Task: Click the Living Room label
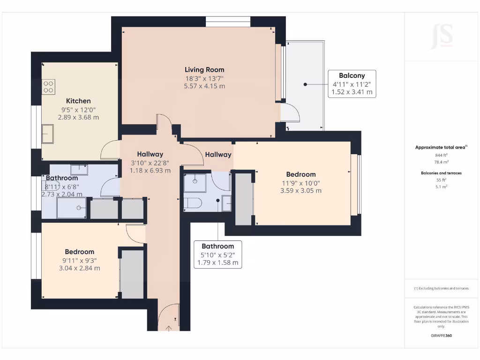[x=204, y=70]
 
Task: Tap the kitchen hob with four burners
[x=48, y=87]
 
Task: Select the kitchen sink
[x=47, y=134]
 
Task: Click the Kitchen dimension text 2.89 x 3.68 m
[x=78, y=117]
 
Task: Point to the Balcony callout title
[x=352, y=75]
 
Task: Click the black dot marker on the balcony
[x=305, y=84]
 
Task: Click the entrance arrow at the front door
[x=169, y=329]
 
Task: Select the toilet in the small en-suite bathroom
[x=193, y=202]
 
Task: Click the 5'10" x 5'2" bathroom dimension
[x=217, y=255]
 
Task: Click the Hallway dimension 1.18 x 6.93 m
[x=150, y=171]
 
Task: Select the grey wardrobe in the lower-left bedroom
[x=132, y=274]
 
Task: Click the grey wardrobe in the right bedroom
[x=243, y=199]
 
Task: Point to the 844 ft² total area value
[x=441, y=155]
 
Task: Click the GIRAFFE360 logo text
[x=441, y=336]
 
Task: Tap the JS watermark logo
[x=442, y=36]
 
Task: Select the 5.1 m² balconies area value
[x=441, y=187]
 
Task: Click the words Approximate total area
[x=440, y=147]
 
